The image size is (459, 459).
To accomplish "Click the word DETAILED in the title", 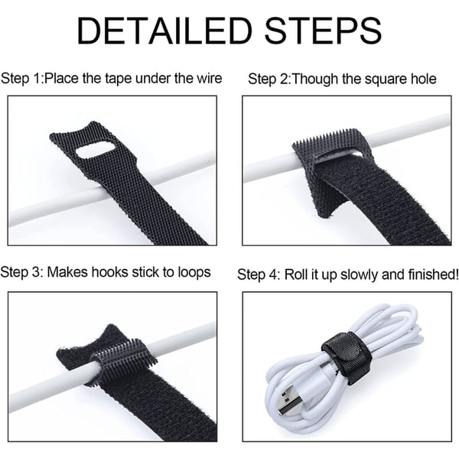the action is pos(164,31).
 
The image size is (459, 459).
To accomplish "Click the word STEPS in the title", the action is pos(323,31).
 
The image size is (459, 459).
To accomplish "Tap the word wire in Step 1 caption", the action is pos(210,78).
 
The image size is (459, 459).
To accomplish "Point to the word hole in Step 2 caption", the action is pos(423,79).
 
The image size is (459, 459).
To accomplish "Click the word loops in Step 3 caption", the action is pos(194,273).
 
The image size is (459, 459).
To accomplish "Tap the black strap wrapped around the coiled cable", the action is pos(347,356).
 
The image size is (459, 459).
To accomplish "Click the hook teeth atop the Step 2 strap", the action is pos(328,138).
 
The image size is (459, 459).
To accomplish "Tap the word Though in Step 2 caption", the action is pos(314,80).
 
